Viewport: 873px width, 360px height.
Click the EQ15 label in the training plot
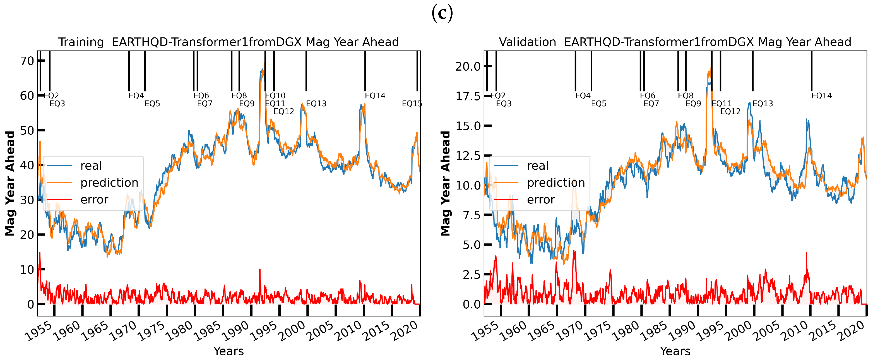pyautogui.click(x=412, y=104)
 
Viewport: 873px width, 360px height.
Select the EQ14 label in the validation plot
pyautogui.click(x=821, y=96)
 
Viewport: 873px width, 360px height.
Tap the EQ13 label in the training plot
pyautogui.click(x=316, y=104)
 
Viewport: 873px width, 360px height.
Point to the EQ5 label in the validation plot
pyautogui.click(x=598, y=104)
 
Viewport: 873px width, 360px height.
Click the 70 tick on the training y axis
pyautogui.click(x=27, y=61)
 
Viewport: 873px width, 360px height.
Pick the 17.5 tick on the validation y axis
pyautogui.click(x=468, y=96)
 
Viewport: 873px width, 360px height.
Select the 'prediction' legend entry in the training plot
pyautogui.click(x=109, y=183)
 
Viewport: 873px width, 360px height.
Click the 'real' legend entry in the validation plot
pyautogui.click(x=537, y=166)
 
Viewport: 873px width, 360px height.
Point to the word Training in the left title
pyautogui.click(x=81, y=42)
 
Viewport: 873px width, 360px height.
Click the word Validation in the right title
pyautogui.click(x=527, y=42)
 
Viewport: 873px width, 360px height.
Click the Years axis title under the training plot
pyautogui.click(x=229, y=351)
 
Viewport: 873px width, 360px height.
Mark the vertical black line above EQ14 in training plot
pyautogui.click(x=365, y=71)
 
